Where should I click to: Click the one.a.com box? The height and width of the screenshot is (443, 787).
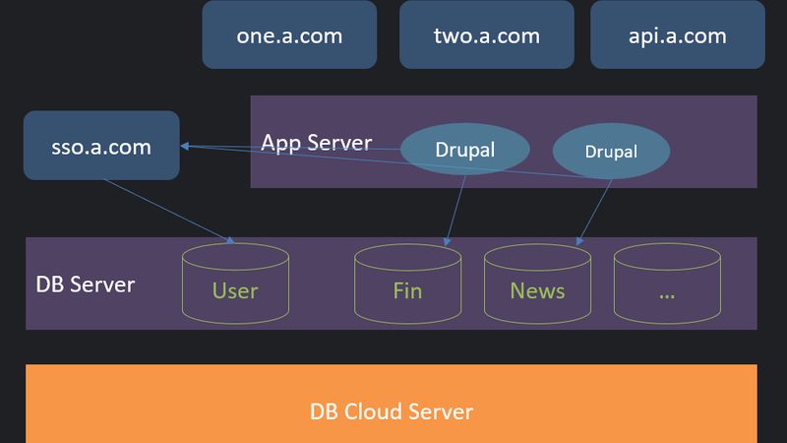(x=289, y=34)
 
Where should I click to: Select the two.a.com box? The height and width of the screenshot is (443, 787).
(x=487, y=34)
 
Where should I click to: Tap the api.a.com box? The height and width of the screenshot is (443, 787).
(x=678, y=34)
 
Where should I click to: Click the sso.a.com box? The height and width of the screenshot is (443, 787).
(x=101, y=145)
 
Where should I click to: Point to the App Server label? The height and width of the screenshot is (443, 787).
(x=316, y=143)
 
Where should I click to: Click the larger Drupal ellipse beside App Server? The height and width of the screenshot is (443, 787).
(x=464, y=149)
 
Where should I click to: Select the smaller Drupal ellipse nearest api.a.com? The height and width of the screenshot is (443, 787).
(x=611, y=151)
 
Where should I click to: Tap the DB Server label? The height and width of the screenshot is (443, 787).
(x=86, y=285)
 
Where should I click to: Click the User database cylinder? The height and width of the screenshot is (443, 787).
(x=235, y=284)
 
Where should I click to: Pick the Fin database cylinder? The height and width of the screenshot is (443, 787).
(x=407, y=284)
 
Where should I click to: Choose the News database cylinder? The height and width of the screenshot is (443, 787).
(x=537, y=284)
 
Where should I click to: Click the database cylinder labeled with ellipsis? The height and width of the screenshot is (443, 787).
(x=668, y=284)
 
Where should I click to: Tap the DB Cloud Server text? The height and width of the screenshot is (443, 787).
(x=392, y=411)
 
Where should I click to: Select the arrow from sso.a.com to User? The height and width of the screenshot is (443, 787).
(x=169, y=212)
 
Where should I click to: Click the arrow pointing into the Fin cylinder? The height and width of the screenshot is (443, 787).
(x=455, y=211)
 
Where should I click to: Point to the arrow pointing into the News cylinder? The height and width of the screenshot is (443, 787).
(x=594, y=213)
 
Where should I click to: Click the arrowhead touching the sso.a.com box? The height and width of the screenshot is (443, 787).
(x=185, y=146)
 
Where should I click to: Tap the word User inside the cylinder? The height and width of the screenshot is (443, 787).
(x=235, y=290)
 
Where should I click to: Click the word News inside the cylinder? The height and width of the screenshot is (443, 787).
(x=537, y=290)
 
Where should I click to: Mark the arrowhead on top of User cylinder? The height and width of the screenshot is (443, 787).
(x=230, y=240)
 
